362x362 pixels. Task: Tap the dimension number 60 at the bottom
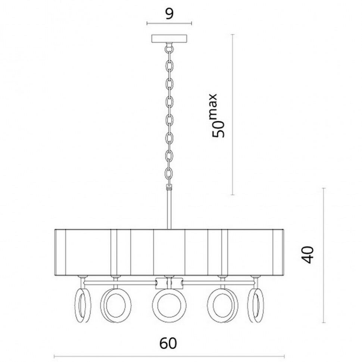click(169, 343)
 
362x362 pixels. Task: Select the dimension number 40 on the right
click(308, 255)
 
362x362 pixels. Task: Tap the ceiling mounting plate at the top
click(169, 38)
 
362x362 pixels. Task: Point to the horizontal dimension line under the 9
click(169, 24)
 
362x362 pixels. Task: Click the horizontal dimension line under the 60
click(169, 356)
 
